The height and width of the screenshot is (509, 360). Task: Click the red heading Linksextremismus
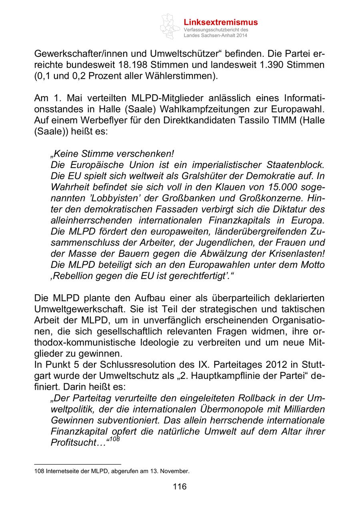(x=220, y=22)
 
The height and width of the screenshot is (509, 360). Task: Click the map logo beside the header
(x=170, y=26)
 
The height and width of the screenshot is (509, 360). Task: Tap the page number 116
(x=180, y=487)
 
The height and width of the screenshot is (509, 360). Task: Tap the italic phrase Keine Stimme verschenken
(x=113, y=154)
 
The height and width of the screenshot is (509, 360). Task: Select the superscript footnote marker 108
(x=114, y=439)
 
